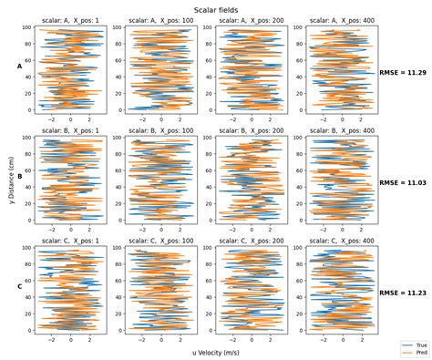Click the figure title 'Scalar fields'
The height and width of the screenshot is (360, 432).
coord(216,7)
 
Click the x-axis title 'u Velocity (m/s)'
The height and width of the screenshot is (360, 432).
coord(216,351)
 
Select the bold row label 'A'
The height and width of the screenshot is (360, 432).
coord(20,66)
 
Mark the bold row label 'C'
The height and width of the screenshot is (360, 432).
coord(20,287)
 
